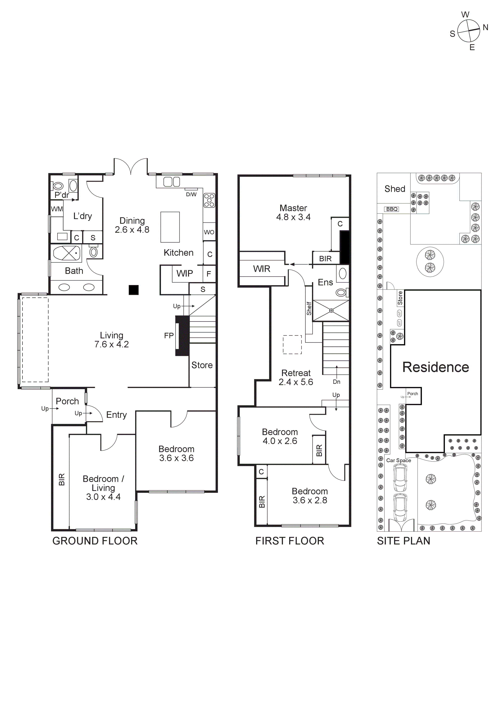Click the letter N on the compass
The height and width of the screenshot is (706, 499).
click(x=486, y=27)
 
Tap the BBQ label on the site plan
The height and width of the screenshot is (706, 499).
click(x=392, y=209)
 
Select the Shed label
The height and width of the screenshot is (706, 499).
click(x=395, y=189)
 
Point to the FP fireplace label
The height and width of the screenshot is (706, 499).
click(x=169, y=335)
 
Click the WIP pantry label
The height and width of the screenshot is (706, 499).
click(x=184, y=273)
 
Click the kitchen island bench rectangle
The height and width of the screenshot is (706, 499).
click(x=170, y=227)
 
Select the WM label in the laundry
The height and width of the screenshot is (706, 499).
click(x=57, y=209)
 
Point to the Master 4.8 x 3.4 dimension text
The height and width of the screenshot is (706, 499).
click(x=293, y=217)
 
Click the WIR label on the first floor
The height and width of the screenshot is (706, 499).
click(x=262, y=269)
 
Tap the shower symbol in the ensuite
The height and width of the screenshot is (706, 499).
click(x=331, y=311)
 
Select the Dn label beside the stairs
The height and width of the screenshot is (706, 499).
click(x=336, y=382)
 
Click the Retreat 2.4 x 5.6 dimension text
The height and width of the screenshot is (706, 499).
click(x=296, y=382)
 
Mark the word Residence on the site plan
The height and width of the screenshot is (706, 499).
click(x=436, y=367)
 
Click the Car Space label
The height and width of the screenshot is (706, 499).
click(x=398, y=460)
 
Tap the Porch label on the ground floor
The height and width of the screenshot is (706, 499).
click(x=67, y=401)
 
